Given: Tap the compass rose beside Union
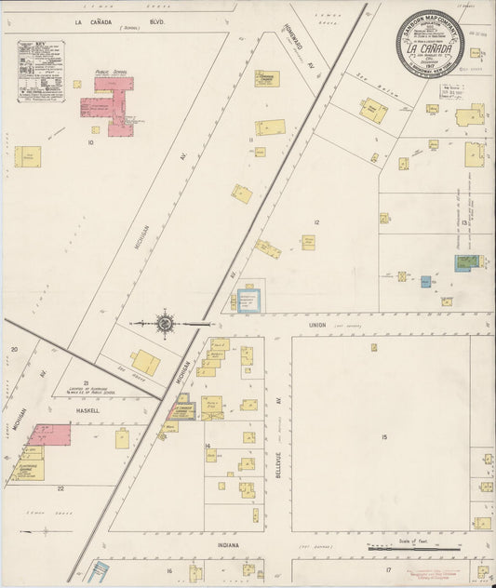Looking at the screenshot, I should [x=165, y=324].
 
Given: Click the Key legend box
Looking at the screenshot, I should [x=41, y=70].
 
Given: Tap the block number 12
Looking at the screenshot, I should [x=316, y=222].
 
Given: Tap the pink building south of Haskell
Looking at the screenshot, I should [x=48, y=435].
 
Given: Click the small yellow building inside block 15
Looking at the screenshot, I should [x=374, y=348].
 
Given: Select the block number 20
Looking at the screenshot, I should [x=14, y=350].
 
